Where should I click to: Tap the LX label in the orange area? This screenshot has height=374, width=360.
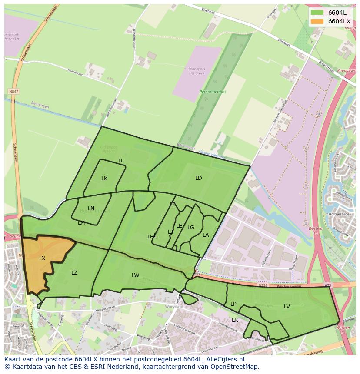pyautogui.click(x=42, y=258)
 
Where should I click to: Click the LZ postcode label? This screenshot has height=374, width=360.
pyautogui.click(x=74, y=273)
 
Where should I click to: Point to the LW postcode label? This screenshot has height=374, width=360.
pyautogui.click(x=136, y=275)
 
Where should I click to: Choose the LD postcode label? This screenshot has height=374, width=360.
pyautogui.click(x=199, y=178)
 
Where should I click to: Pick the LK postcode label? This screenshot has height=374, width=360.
pyautogui.click(x=104, y=179)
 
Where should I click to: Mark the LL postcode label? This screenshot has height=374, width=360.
pyautogui.click(x=121, y=161)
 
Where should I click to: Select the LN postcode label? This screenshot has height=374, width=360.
pyautogui.click(x=91, y=209)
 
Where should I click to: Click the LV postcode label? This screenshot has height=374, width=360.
pyautogui.click(x=287, y=307)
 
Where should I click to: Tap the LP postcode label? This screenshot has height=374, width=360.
pyautogui.click(x=233, y=304)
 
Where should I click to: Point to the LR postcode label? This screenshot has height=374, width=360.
pyautogui.click(x=235, y=320)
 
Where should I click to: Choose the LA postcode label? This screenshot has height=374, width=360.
pyautogui.click(x=206, y=235)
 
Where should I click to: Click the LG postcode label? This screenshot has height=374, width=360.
pyautogui.click(x=191, y=228)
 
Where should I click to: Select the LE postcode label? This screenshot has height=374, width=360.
pyautogui.click(x=179, y=226)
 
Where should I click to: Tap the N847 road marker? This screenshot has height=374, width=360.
pyautogui.click(x=14, y=92)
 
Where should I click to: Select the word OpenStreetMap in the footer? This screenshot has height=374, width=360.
pyautogui.click(x=235, y=367)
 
